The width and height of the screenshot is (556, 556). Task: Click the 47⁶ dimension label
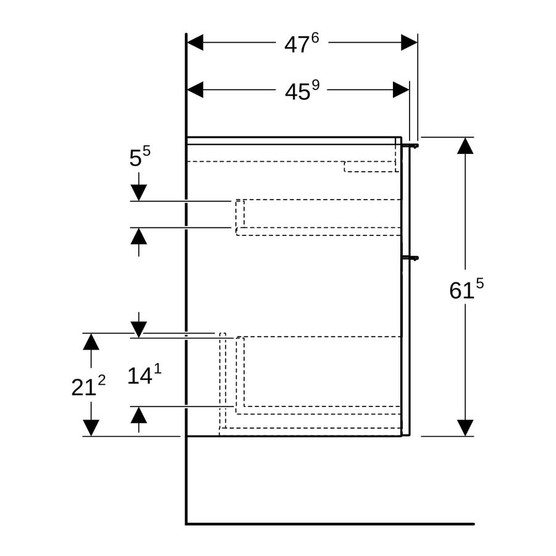click(x=301, y=43)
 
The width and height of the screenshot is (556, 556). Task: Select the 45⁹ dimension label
click(x=302, y=90)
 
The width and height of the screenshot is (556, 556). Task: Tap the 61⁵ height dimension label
click(x=466, y=289)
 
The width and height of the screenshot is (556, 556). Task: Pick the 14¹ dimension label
click(x=145, y=375)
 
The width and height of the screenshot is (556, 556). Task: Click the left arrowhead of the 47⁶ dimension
click(x=195, y=43)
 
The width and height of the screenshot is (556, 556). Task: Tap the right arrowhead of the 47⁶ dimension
click(x=409, y=43)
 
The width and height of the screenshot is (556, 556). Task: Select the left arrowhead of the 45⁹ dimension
click(x=195, y=90)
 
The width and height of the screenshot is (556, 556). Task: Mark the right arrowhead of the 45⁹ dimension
click(x=401, y=90)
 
